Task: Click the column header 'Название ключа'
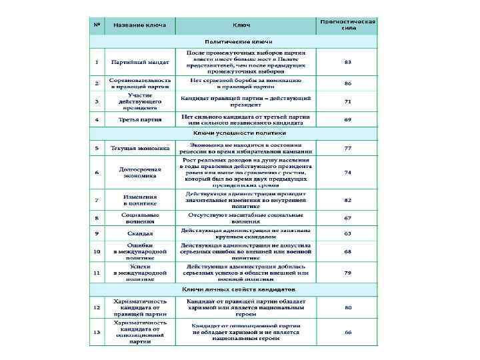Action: pyautogui.click(x=140, y=25)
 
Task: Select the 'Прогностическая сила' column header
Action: pyautogui.click(x=347, y=25)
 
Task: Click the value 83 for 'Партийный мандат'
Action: pyautogui.click(x=347, y=61)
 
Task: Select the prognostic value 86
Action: pyautogui.click(x=347, y=83)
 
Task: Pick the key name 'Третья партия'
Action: pyautogui.click(x=140, y=119)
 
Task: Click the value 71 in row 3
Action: pyautogui.click(x=347, y=101)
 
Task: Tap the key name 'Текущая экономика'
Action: pyautogui.click(x=140, y=148)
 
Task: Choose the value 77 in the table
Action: pyautogui.click(x=347, y=148)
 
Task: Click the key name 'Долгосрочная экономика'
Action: pyautogui.click(x=140, y=172)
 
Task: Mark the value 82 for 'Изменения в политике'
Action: pyautogui.click(x=347, y=200)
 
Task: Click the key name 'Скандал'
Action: pyautogui.click(x=140, y=234)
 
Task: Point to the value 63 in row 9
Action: pyautogui.click(x=347, y=234)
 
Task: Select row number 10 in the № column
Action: pyautogui.click(x=97, y=251)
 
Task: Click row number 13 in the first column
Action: pyautogui.click(x=97, y=331)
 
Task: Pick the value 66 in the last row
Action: pyautogui.click(x=347, y=331)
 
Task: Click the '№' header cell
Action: pyautogui.click(x=97, y=25)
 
